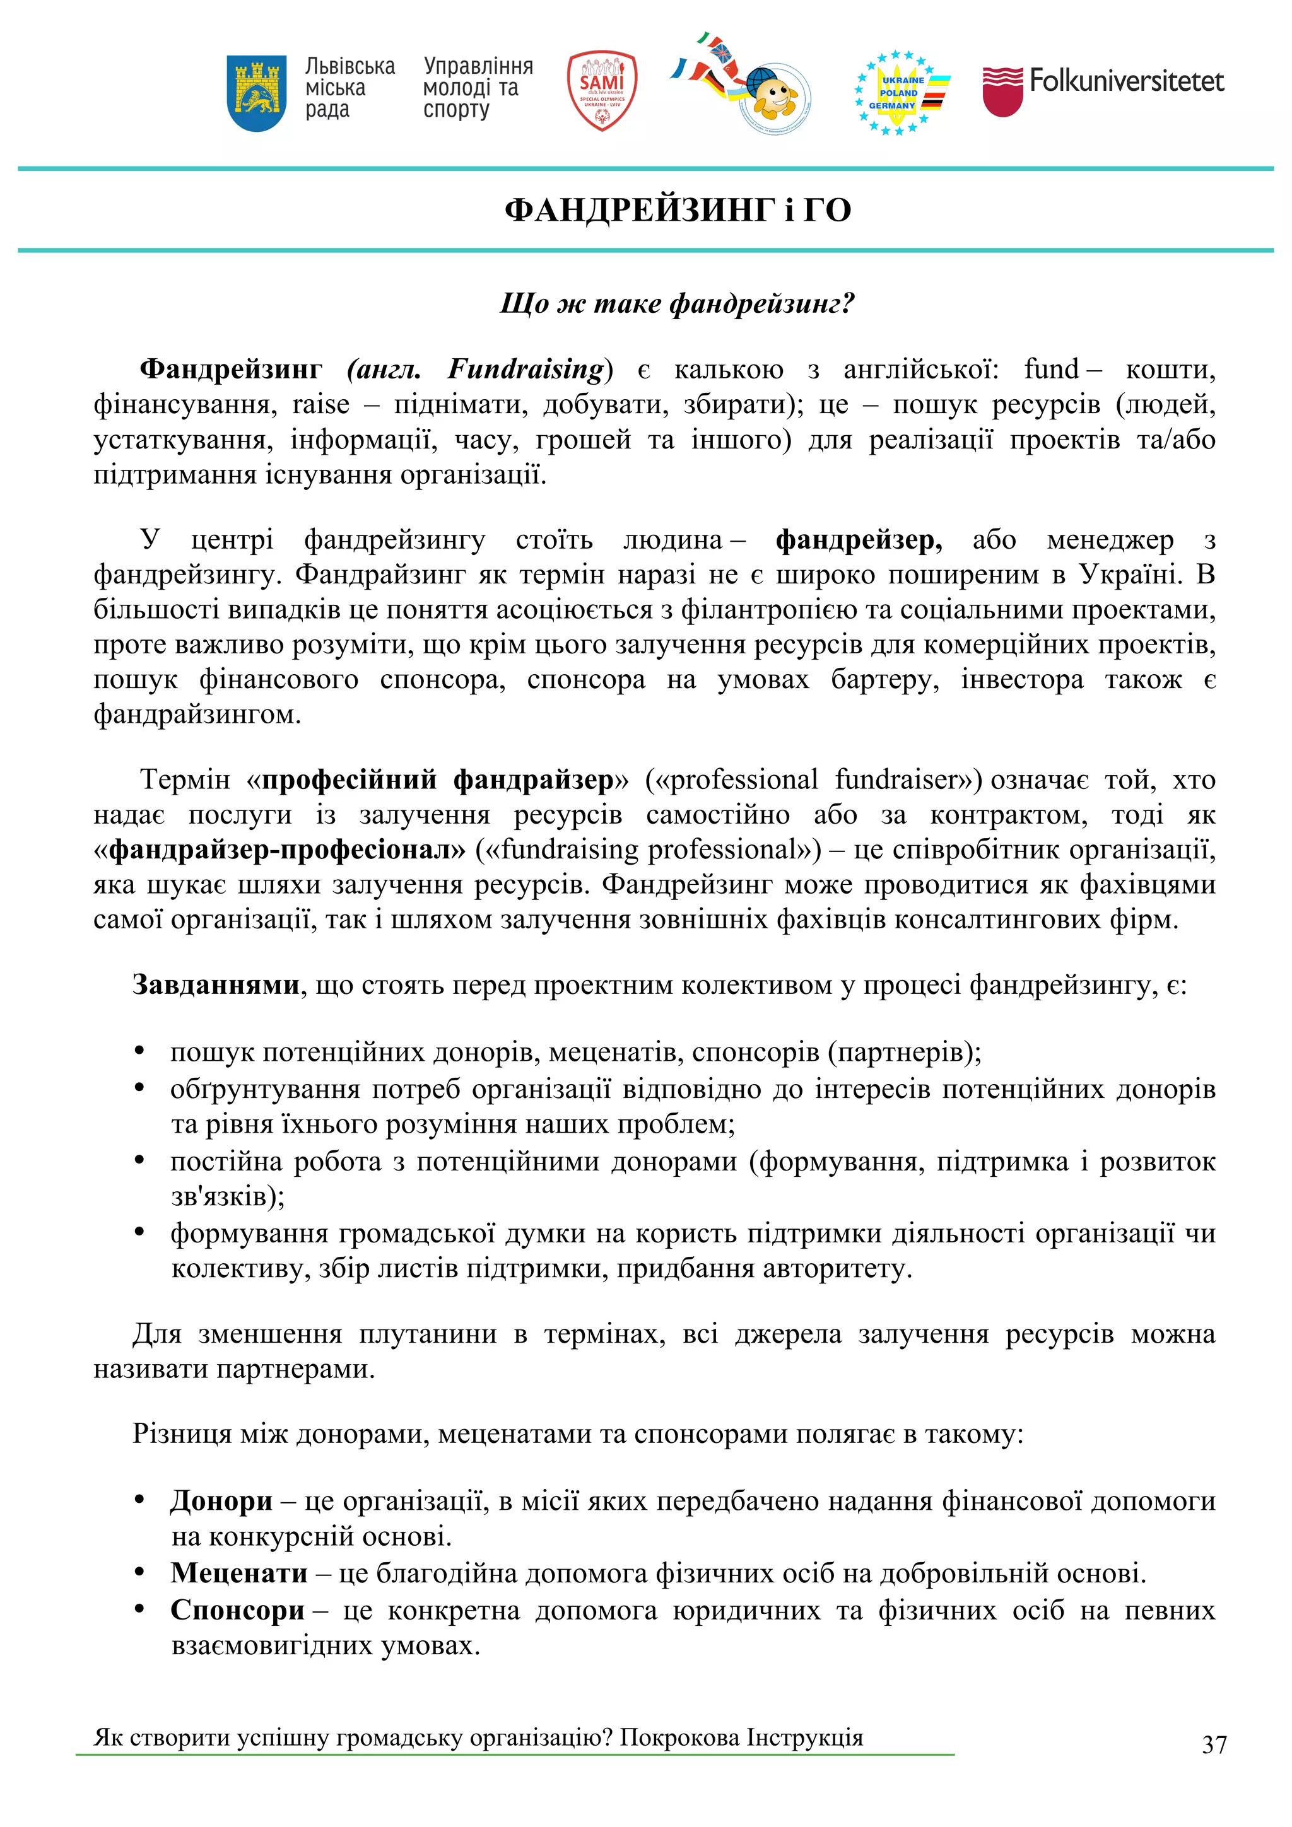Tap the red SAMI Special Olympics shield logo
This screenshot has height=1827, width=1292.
coord(602,91)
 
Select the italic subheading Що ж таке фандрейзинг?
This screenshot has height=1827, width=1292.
coord(677,303)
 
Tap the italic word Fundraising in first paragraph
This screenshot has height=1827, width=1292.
coord(526,369)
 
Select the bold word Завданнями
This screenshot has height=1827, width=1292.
coord(216,985)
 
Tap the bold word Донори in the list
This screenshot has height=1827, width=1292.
coord(221,1501)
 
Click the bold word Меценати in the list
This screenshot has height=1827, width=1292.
coord(239,1572)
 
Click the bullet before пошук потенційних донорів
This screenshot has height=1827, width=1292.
coord(140,1051)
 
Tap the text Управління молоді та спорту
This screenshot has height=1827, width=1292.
coord(478,88)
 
